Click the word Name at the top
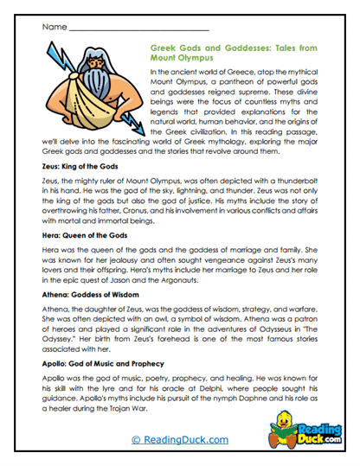[x=53, y=27]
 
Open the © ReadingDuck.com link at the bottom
[x=179, y=440]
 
